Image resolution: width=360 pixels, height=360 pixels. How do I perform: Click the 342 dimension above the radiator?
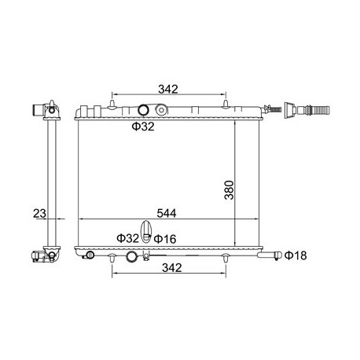[168, 90]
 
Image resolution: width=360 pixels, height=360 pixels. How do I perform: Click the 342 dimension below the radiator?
[172, 268]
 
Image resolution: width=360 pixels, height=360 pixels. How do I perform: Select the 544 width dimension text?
[167, 213]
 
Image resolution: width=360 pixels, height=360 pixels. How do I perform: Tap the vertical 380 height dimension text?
[229, 190]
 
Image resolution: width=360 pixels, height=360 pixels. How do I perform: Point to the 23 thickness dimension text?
[39, 213]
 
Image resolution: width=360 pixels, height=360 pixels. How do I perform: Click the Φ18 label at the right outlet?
[296, 255]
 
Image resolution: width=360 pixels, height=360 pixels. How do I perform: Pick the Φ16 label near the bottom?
[165, 239]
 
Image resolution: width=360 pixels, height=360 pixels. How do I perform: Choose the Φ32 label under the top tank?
[143, 127]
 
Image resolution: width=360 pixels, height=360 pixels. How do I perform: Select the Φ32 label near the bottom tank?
[127, 238]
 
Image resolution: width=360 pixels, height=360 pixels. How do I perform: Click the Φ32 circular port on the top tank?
[143, 110]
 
